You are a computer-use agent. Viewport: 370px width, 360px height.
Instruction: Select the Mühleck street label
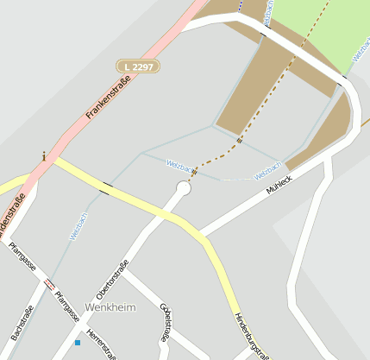pyautogui.click(x=279, y=182)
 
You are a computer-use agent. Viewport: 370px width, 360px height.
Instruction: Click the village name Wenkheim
pyautogui.click(x=110, y=307)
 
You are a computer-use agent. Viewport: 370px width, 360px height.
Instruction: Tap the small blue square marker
pyautogui.click(x=78, y=343)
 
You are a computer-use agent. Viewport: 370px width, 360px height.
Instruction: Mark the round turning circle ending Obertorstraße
pyautogui.click(x=183, y=187)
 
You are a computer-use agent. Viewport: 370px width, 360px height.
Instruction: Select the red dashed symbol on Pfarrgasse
pyautogui.click(x=49, y=282)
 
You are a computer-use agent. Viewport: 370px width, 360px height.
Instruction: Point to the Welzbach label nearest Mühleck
pyautogui.click(x=267, y=170)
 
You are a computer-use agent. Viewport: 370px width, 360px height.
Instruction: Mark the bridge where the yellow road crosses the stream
pyautogui.click(x=106, y=187)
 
